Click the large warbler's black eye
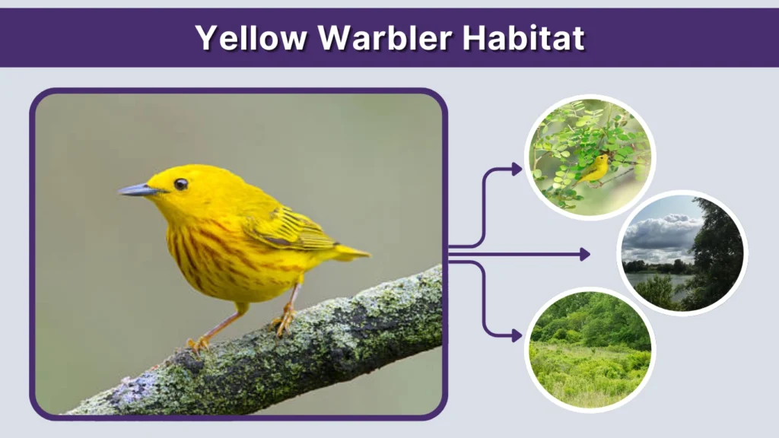[180, 184]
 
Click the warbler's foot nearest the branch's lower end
[199, 344]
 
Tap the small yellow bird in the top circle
[596, 168]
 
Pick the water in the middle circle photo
[647, 280]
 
